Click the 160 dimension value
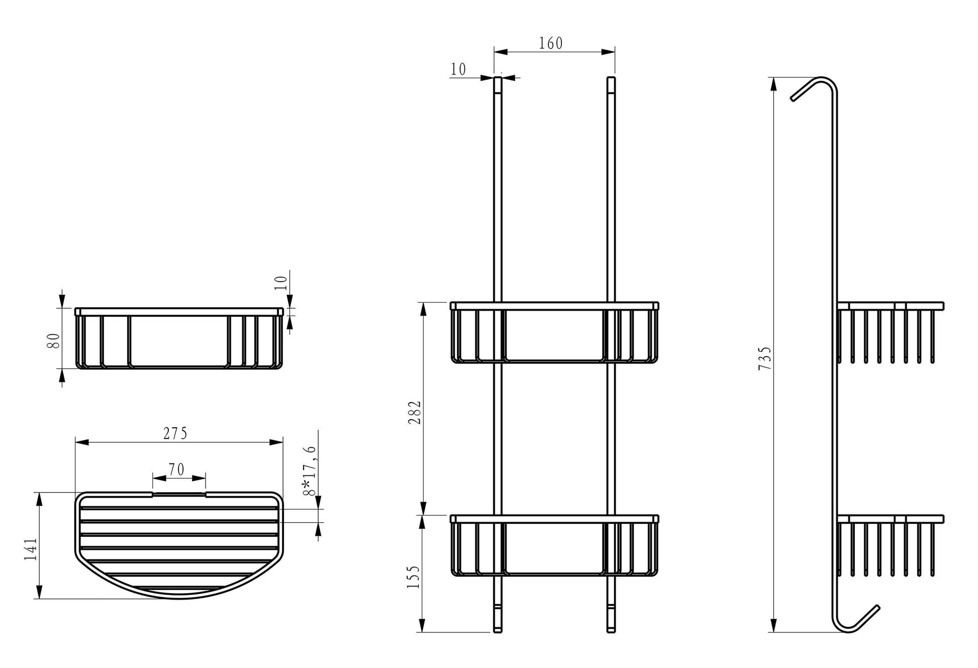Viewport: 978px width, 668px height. (x=551, y=44)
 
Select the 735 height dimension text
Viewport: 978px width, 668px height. (x=764, y=358)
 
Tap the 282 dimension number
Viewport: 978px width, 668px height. (x=415, y=413)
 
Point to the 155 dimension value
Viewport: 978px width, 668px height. (x=413, y=577)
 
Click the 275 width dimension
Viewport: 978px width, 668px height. (x=175, y=433)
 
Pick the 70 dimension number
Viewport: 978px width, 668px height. (x=176, y=470)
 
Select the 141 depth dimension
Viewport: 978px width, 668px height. (x=30, y=549)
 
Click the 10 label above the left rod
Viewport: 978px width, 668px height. (x=458, y=69)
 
